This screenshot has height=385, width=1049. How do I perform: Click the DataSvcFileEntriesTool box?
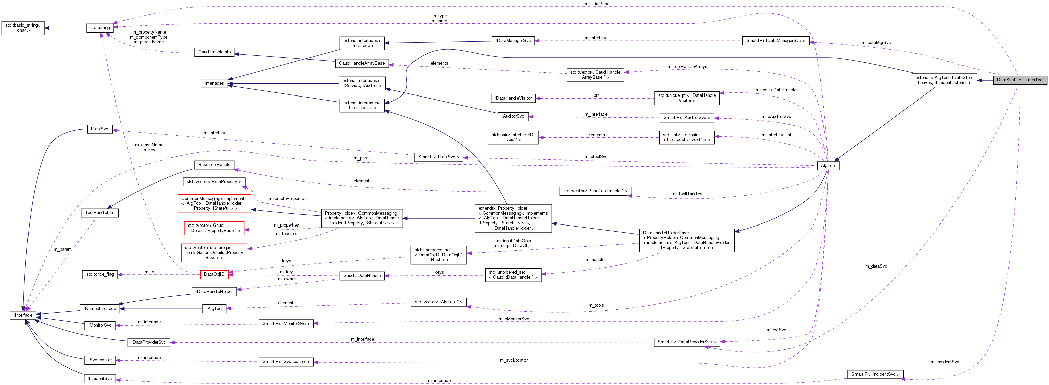coord(1020,80)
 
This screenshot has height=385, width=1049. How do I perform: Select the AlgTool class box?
coord(828,166)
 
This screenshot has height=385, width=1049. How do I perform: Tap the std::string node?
coord(100,28)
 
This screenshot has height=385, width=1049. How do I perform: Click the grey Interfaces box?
coord(214,83)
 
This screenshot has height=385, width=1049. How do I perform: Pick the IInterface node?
coord(23,315)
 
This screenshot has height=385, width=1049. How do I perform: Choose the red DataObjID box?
coord(214,275)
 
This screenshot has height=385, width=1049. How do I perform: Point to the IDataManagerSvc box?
coord(513,41)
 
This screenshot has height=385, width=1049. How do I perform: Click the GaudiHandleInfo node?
coord(214,52)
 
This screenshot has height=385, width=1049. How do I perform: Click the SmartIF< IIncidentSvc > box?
coord(875,374)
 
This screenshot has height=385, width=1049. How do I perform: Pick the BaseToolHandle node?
coord(214,165)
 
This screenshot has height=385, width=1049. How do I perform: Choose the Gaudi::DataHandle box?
coord(362,276)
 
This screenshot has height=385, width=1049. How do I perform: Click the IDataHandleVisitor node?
coord(513,98)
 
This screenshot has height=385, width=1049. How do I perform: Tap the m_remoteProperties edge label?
coord(287,199)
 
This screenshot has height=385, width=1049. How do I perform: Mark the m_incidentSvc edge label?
coord(945,362)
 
